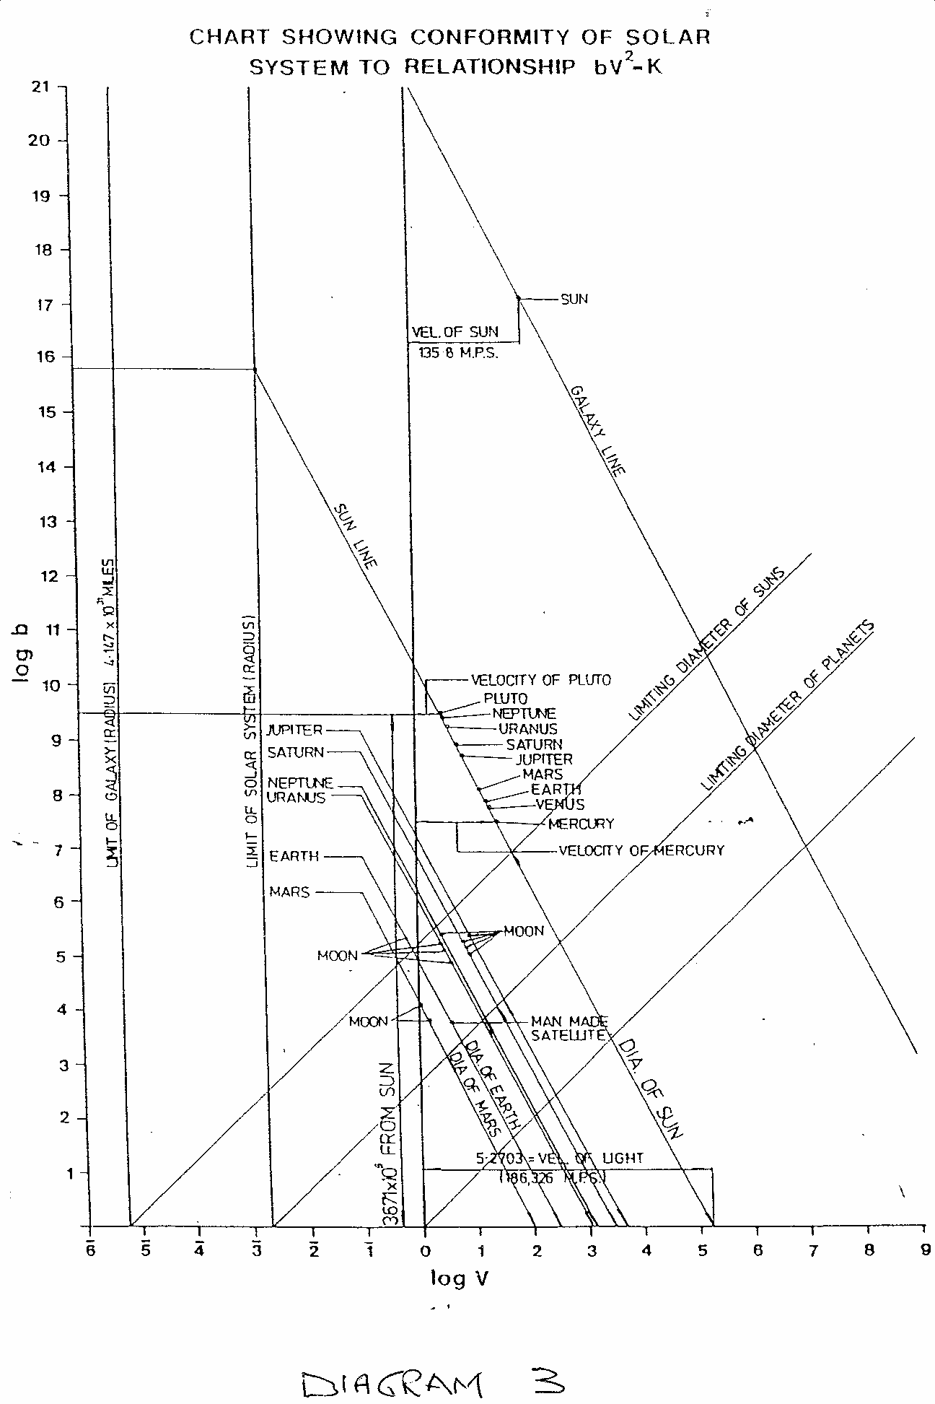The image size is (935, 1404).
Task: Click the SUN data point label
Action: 574,299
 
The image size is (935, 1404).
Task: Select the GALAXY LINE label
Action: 597,431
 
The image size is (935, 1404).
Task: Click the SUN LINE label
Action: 356,537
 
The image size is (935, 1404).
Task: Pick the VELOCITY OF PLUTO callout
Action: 540,680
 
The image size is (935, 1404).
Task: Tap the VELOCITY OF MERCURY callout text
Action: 641,850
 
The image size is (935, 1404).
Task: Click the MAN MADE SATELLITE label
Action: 569,1028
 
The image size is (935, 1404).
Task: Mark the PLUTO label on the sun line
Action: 505,699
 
